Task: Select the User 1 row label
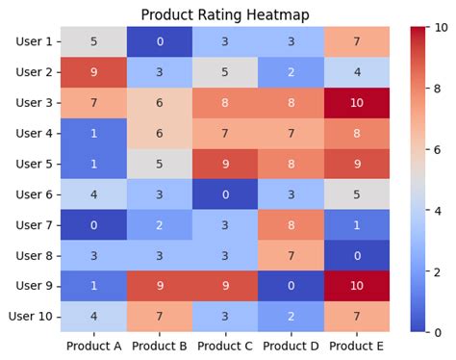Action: pos(36,41)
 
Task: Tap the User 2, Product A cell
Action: pos(94,72)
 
